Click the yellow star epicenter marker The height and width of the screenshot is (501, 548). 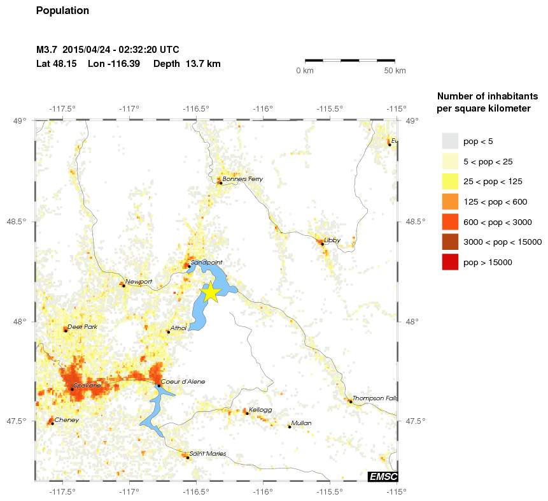coord(211,292)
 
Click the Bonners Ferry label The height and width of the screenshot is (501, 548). coord(242,179)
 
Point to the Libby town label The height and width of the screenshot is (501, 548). coord(332,240)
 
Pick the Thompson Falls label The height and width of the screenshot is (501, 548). coord(375,398)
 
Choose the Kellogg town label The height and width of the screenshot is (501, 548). coord(260,410)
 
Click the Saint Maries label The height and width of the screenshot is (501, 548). coord(207,453)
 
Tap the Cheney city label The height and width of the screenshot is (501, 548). coord(66,420)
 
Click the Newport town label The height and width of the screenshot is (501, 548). coord(139,281)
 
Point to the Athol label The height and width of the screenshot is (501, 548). coord(178,328)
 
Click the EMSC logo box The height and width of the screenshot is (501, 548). coord(383,476)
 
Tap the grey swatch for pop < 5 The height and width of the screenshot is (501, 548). coord(450,140)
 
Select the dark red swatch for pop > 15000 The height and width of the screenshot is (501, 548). coord(450,262)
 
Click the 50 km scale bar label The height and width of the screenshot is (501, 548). coord(395,71)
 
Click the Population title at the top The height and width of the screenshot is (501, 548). coord(63,11)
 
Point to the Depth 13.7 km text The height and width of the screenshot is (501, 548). coord(187,64)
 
